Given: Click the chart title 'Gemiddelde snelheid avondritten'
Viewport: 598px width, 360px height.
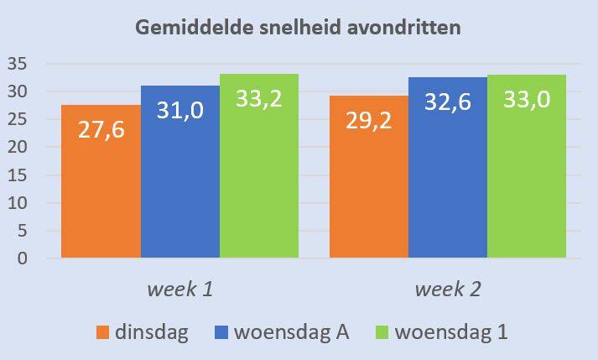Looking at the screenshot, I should click(299, 28).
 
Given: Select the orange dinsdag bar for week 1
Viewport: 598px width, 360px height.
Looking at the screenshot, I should click(101, 201).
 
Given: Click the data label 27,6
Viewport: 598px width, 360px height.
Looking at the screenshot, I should click(101, 132).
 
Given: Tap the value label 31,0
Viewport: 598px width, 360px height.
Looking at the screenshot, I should click(180, 112).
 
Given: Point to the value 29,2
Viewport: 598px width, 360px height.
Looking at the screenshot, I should click(369, 123).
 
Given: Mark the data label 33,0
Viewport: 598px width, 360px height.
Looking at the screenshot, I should click(527, 100).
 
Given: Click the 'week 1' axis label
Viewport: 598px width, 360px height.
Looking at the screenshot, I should click(179, 290).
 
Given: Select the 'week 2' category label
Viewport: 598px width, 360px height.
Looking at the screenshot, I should click(448, 290).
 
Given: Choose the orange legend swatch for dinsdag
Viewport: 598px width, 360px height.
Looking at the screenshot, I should click(104, 332).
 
